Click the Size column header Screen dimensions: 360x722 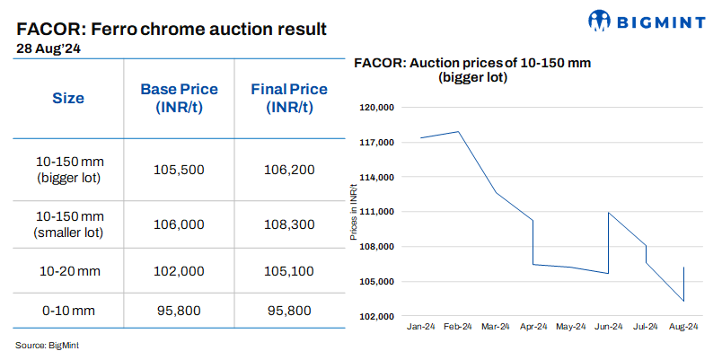point(68,98)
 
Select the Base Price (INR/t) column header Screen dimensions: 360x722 point(179,98)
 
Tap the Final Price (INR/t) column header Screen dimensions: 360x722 point(289,98)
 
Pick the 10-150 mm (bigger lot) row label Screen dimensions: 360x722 point(70,170)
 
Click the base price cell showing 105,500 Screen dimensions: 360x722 point(179,170)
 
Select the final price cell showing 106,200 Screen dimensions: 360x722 point(289,170)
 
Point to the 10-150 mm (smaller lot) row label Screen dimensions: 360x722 point(70,224)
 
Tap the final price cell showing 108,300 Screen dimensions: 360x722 point(289,224)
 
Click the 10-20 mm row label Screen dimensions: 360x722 point(70,269)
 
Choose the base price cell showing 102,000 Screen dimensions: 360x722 point(179,269)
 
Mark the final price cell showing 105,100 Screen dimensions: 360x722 point(289,269)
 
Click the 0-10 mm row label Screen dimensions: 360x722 point(70,311)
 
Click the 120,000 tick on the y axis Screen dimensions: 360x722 point(378,108)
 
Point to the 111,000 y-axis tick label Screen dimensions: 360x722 point(378,212)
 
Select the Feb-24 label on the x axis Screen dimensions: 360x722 point(459,328)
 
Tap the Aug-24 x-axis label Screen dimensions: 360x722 point(683,328)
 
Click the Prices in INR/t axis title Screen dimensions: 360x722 point(354,212)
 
